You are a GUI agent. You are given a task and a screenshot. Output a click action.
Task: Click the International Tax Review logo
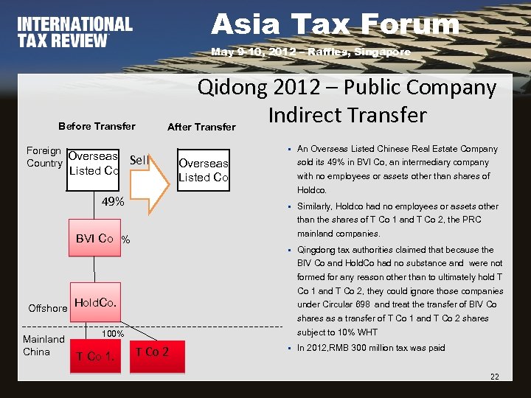pos(74,32)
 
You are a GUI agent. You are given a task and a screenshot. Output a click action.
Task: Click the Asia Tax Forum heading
pos(335,24)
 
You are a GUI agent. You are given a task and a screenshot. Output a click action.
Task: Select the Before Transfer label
pos(97,126)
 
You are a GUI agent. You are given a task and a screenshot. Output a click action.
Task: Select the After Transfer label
pos(201,127)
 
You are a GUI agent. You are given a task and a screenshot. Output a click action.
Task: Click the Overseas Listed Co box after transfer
pos(204,170)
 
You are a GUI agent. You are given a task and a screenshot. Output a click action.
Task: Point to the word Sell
pos(139,160)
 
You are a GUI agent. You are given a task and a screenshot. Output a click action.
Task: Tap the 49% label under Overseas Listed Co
pos(113,201)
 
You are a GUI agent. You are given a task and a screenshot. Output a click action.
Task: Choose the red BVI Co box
pos(94,239)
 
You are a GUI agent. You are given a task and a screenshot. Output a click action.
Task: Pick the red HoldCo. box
pos(95,302)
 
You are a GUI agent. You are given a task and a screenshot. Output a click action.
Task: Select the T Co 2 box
pos(152,352)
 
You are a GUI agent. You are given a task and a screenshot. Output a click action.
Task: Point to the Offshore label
pos(48,308)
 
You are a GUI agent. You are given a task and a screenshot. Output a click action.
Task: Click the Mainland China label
pos(44,346)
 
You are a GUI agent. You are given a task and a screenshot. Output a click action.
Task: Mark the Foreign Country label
pos(44,157)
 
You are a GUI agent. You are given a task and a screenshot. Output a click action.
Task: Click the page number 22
pos(494,377)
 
